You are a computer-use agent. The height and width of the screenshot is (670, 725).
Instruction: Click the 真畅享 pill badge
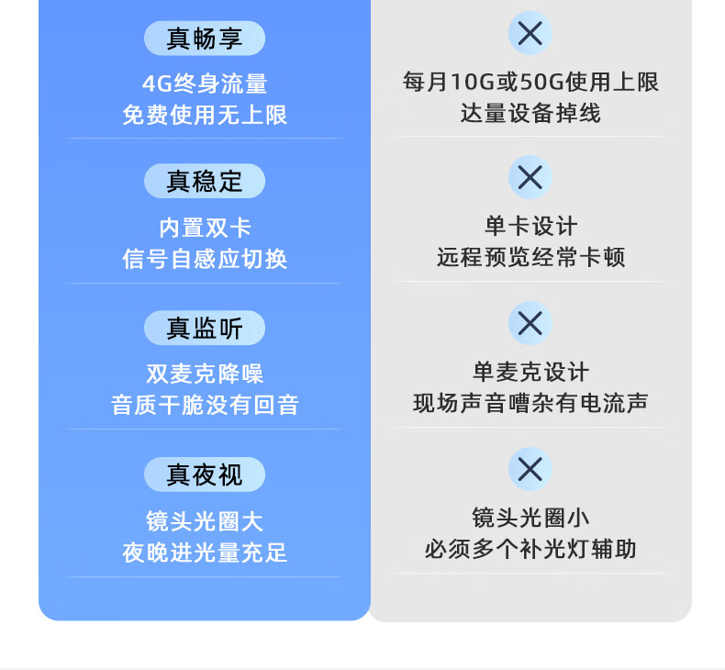(205, 39)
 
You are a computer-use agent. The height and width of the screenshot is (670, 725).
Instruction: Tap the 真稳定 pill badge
(205, 181)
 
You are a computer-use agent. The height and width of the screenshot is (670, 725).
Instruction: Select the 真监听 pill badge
(205, 328)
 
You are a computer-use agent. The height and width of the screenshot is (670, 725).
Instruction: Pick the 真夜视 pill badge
(205, 475)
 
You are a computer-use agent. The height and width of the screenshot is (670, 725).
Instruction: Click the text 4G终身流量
(205, 84)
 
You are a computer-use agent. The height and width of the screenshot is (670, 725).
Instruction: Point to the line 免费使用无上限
(205, 115)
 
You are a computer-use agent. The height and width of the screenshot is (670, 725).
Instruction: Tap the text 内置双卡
(205, 228)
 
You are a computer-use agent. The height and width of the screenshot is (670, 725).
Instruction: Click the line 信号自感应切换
(205, 259)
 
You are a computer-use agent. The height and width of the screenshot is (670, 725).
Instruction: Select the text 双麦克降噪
(205, 374)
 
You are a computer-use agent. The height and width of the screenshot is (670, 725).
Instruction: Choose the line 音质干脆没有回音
(205, 405)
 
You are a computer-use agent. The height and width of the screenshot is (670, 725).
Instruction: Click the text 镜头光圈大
(205, 521)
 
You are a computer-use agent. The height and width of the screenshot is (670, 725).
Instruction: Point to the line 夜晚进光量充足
(205, 553)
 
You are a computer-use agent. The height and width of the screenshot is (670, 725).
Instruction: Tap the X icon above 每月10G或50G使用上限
(530, 33)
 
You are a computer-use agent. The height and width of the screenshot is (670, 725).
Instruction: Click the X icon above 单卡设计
(530, 177)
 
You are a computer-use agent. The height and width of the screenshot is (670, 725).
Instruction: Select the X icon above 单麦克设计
(530, 323)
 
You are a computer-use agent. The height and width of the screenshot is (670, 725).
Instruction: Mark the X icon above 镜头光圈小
(530, 469)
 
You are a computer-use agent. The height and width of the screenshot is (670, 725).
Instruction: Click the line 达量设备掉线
(530, 113)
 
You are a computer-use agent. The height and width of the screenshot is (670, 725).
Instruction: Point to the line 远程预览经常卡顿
(530, 257)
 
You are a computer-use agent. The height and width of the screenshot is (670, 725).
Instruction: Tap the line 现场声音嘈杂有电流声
(530, 403)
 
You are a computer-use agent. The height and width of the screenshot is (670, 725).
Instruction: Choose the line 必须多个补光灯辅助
(530, 550)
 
